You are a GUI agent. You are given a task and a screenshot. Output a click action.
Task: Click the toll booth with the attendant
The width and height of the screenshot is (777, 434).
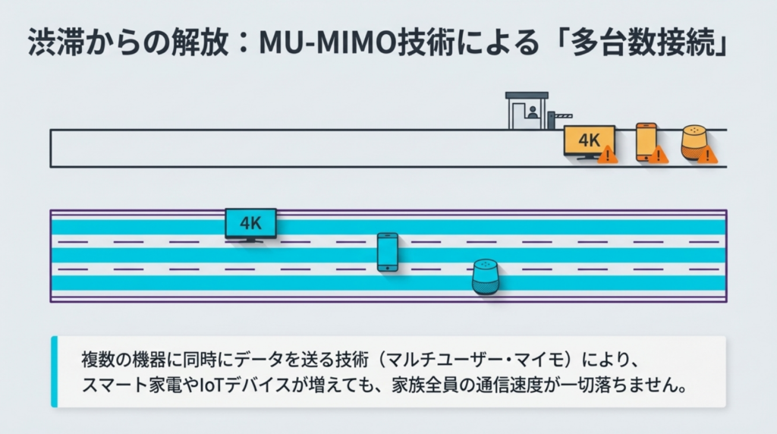527,111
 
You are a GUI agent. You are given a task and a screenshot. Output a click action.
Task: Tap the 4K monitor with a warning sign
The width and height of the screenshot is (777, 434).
588,141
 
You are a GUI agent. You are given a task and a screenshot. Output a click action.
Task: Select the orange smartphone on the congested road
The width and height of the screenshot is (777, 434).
646,140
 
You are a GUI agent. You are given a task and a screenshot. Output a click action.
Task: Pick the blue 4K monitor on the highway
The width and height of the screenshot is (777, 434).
250,225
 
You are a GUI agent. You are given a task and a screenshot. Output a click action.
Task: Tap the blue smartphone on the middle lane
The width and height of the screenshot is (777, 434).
388,252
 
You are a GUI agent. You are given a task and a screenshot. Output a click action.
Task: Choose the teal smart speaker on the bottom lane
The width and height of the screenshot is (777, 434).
486,276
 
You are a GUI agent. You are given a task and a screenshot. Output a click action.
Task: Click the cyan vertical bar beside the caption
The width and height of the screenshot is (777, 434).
54,371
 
